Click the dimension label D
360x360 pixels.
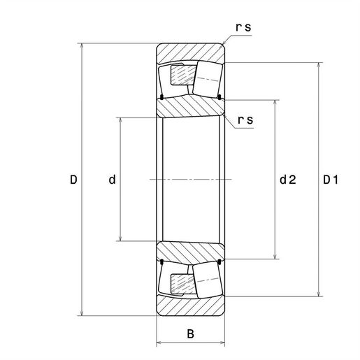pos(73,180)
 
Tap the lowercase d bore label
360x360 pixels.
pos(112,180)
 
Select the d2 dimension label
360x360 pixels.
pos(288,180)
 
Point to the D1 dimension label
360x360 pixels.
pos(331,180)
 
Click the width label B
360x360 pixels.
pos(190,333)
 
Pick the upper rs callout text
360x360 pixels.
pos(243,27)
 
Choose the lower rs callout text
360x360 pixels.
pos(245,120)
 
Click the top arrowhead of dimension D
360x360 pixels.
pos(82,46)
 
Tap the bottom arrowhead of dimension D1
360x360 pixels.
pos(319,294)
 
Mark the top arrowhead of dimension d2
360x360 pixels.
pos(275,103)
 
